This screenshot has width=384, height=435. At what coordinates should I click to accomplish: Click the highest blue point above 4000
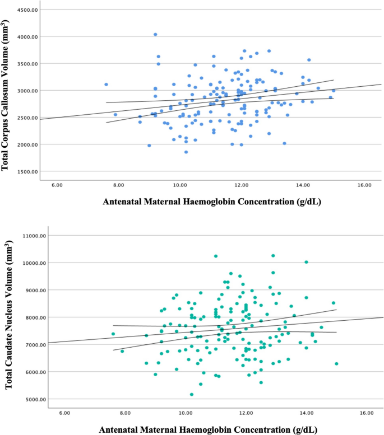(x=155, y=34)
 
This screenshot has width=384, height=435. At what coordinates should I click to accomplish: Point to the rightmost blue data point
(x=334, y=91)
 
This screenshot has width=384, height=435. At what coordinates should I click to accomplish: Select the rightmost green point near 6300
(x=336, y=364)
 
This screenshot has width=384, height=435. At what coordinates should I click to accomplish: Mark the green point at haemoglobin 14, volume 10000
(x=306, y=262)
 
